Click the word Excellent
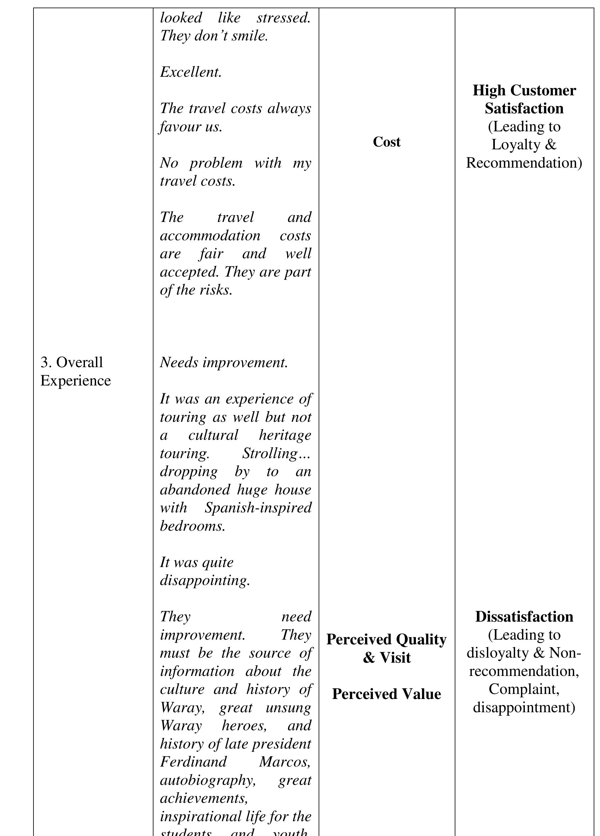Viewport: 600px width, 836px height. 191,72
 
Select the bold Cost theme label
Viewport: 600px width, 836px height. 386,142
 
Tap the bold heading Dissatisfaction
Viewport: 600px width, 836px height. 524,617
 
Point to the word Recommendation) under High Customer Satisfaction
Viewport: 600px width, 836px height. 524,163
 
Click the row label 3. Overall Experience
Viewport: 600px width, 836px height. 75,371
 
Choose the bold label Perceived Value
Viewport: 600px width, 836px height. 386,694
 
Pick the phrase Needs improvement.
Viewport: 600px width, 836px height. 224,363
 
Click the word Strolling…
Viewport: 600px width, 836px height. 276,453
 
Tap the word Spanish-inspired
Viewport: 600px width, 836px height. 258,508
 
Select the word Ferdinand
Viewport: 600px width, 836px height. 193,762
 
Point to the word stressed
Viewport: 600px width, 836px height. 284,18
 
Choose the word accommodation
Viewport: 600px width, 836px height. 210,236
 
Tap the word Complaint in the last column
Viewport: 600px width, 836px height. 524,689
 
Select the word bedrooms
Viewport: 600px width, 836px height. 192,526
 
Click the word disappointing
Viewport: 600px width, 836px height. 205,581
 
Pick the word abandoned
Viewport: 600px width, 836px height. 195,490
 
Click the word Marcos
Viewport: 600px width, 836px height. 285,762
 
